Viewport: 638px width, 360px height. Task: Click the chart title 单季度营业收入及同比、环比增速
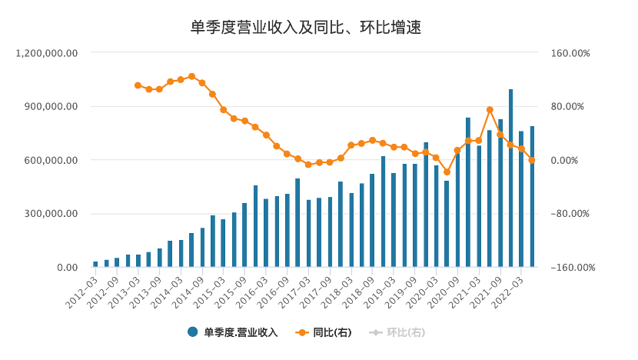pos(306,28)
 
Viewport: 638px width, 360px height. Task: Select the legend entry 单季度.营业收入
pos(240,332)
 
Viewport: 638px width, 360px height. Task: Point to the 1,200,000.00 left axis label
pos(48,53)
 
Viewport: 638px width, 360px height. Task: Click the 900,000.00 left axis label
pos(51,107)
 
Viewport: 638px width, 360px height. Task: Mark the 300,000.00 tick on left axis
pos(51,214)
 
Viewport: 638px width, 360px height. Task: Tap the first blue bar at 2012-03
pos(95,265)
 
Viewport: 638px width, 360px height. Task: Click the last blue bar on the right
pos(532,197)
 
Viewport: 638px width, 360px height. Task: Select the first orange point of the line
pos(138,85)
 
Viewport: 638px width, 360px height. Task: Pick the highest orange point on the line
pos(191,76)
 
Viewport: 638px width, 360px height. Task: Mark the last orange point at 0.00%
pos(532,160)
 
